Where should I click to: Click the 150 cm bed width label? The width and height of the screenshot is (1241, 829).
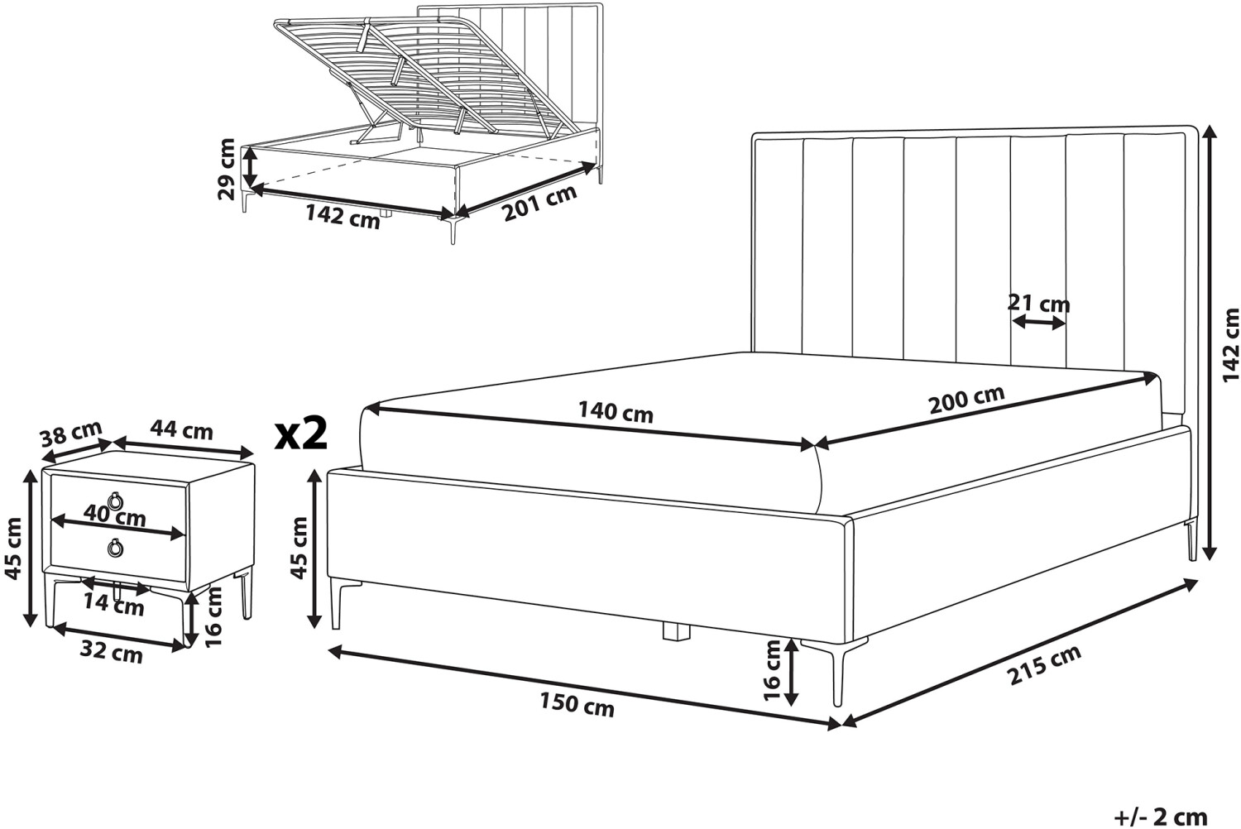[577, 706]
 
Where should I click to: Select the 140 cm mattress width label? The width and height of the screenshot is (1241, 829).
[616, 412]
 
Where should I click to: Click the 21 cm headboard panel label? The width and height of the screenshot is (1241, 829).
[1039, 304]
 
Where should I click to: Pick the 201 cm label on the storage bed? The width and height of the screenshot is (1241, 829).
[539, 204]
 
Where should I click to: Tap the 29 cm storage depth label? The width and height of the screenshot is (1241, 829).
[227, 169]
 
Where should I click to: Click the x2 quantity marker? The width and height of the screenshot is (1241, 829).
[302, 434]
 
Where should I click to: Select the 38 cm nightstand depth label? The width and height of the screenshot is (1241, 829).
[71, 434]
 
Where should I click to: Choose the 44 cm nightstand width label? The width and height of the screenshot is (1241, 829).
[181, 430]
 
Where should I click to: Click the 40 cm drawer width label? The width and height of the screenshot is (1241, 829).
[115, 516]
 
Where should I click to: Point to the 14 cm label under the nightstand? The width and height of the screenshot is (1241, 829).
[114, 606]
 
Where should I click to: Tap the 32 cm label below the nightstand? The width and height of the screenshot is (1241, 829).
[111, 654]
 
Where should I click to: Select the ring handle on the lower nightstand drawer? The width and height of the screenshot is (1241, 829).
[116, 548]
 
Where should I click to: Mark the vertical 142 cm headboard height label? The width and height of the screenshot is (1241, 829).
[1230, 345]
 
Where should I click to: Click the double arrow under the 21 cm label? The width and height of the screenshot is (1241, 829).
[1038, 323]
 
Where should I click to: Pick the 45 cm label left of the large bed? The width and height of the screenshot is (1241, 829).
[299, 548]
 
